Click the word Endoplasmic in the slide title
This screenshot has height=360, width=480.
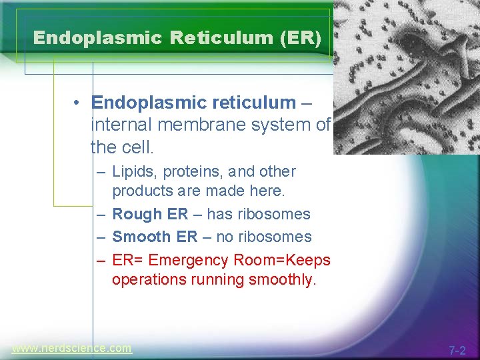coord(97,37)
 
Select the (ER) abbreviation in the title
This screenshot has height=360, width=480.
coord(299,37)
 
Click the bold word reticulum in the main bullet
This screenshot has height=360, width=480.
coord(251,103)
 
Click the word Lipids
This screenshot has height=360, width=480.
coord(131,171)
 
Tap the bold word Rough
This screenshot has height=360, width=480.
coord(137,214)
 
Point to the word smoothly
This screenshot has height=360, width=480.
coord(281,279)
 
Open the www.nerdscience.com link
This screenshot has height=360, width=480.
coord(71,348)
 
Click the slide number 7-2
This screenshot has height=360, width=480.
coord(457,350)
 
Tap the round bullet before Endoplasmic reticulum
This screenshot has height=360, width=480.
coord(78,103)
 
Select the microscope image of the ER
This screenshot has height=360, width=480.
coord(406,77)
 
